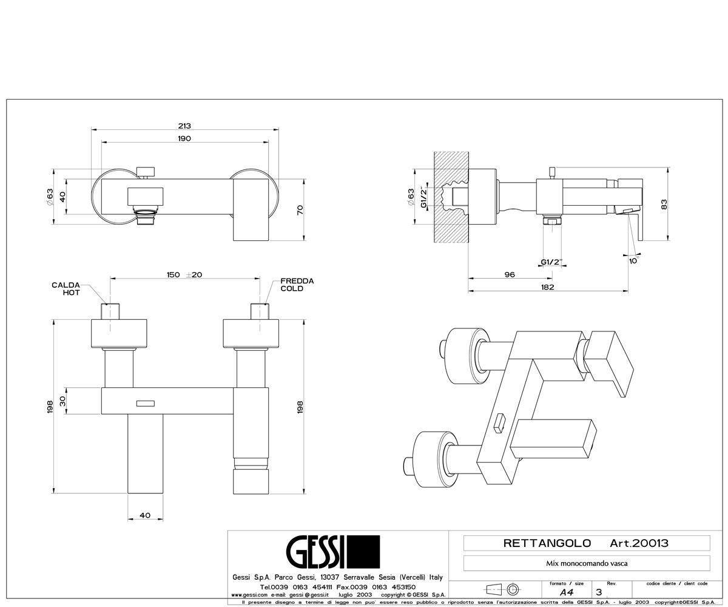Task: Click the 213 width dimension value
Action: pos(184,126)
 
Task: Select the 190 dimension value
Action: pos(184,138)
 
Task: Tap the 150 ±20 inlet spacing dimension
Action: pos(184,275)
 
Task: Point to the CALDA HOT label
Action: pos(66,289)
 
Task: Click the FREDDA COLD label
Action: pos(297,285)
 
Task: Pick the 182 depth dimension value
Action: pos(547,287)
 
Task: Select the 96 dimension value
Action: pos(510,274)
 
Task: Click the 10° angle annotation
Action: pos(633,260)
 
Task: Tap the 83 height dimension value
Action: pos(664,204)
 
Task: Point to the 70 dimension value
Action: pos(300,210)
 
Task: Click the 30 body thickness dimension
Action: pos(62,401)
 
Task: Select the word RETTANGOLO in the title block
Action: pos(547,543)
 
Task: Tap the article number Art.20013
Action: pos(639,543)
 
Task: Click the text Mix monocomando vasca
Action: pos(587,563)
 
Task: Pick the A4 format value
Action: pos(567,592)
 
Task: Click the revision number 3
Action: pos(599,592)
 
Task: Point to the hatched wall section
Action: pos(451,197)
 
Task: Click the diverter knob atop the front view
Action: pos(146,172)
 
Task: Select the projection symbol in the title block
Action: pos(504,589)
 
